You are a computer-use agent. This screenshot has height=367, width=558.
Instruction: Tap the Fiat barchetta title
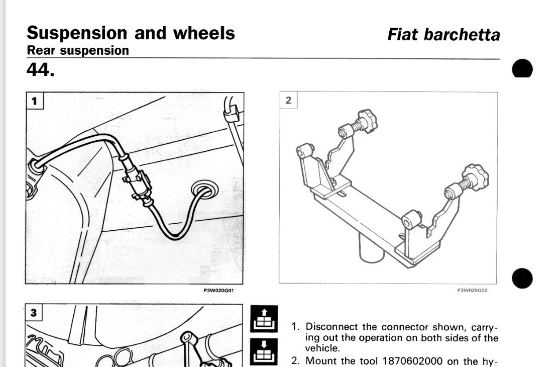tap(443, 35)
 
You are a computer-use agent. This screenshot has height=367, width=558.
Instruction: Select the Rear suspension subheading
tap(78, 51)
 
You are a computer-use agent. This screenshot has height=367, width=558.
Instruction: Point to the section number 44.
tap(41, 70)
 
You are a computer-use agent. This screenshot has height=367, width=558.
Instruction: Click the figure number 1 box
tap(34, 101)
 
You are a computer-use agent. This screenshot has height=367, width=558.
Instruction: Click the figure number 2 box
tap(288, 100)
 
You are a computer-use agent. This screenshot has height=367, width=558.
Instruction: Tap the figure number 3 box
tap(34, 312)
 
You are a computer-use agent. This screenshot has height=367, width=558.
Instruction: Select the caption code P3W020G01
tap(218, 290)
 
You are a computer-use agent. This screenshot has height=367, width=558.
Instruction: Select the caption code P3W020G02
tap(473, 290)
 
